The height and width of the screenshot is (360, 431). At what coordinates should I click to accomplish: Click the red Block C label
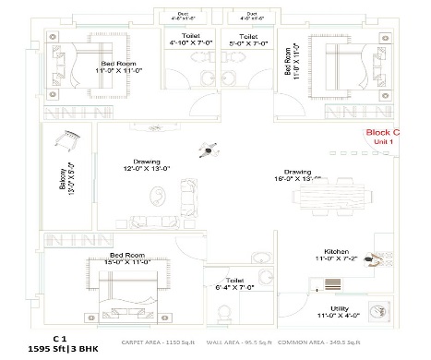point(383,132)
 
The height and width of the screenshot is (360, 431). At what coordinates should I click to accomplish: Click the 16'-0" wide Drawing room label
point(296,174)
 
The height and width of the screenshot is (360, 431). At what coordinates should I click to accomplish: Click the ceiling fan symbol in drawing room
point(209,149)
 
